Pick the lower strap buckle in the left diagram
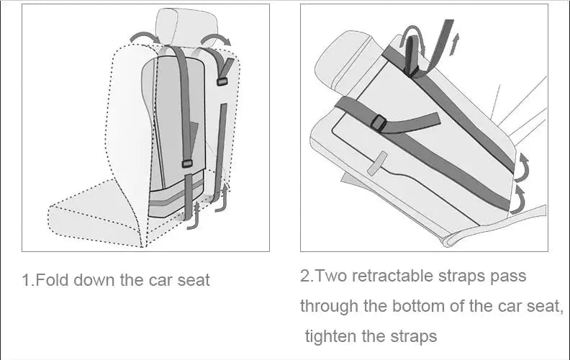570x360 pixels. [x=187, y=163]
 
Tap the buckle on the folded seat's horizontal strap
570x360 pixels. [x=379, y=124]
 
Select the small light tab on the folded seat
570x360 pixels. [x=376, y=165]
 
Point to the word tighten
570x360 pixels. [x=332, y=336]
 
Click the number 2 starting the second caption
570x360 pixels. [x=304, y=276]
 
